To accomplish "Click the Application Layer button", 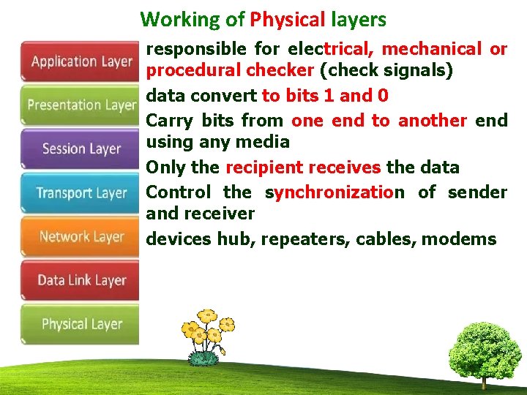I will tap(81, 61).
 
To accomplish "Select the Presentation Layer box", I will tap(81, 105).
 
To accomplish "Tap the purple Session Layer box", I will tap(81, 149).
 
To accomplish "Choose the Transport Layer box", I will tap(81, 193).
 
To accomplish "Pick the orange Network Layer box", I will tap(81, 236).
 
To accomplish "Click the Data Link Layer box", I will tap(81, 280).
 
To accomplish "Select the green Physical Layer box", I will tap(81, 324).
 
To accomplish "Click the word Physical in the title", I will tap(285, 20).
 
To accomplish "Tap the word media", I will tap(270, 142).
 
